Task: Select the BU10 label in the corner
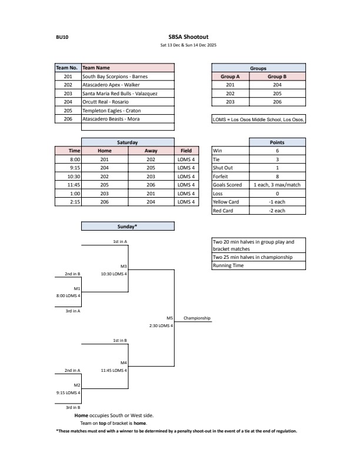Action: pyautogui.click(x=61, y=36)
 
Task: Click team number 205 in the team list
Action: pyautogui.click(x=68, y=111)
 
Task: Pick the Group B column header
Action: pyautogui.click(x=276, y=76)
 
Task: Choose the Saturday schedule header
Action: pyautogui.click(x=128, y=142)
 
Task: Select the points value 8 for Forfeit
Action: pyautogui.click(x=276, y=176)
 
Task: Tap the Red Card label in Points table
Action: pyautogui.click(x=224, y=211)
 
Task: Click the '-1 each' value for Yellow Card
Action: pyautogui.click(x=276, y=202)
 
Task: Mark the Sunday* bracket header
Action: pyautogui.click(x=128, y=226)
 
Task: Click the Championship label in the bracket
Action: pyautogui.click(x=196, y=318)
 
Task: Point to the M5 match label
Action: pyautogui.click(x=169, y=318)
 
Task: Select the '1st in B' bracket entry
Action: pyautogui.click(x=121, y=341)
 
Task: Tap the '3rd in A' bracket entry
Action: pyautogui.click(x=72, y=311)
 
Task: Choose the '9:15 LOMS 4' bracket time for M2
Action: pyautogui.click(x=68, y=392)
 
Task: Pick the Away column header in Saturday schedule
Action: pyautogui.click(x=151, y=151)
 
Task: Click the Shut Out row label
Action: pyautogui.click(x=223, y=168)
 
